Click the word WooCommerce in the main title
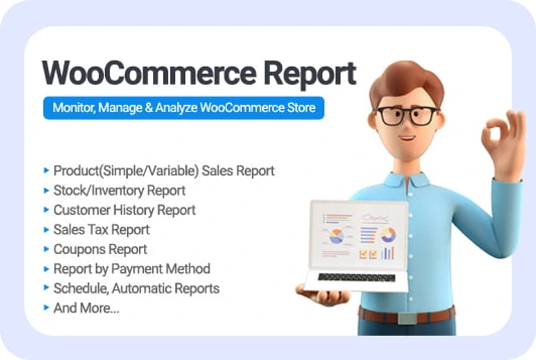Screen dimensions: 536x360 [x=149, y=73]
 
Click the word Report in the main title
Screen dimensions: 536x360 [x=310, y=75]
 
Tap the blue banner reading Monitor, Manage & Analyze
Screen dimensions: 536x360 [x=184, y=108]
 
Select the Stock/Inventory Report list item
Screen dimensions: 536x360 [x=119, y=190]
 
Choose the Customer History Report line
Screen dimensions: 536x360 [x=124, y=210]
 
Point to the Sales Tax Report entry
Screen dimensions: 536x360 [x=101, y=230]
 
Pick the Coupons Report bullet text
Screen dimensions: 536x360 [x=100, y=250]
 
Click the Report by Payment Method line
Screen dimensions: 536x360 [x=132, y=269]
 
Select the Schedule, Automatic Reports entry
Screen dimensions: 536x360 [x=136, y=288]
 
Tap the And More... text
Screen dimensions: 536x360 [x=86, y=308]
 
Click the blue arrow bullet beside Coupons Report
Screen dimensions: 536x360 [x=46, y=249]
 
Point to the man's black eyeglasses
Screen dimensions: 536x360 [x=407, y=116]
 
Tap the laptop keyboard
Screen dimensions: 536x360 [x=357, y=277]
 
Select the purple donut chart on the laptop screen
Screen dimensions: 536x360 [x=388, y=235]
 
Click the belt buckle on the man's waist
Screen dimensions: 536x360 [x=407, y=318]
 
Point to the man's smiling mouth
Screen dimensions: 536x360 [x=408, y=139]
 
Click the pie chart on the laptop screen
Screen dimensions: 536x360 [x=337, y=237]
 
